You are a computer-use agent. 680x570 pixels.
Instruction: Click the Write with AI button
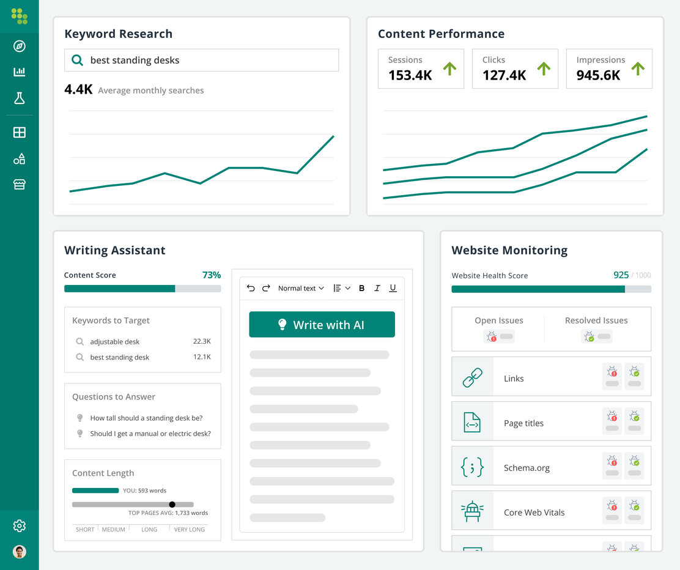(322, 325)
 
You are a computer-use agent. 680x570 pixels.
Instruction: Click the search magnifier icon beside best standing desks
(77, 60)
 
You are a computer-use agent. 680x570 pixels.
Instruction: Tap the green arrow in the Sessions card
(449, 68)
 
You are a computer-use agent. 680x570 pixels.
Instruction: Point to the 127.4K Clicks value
(504, 75)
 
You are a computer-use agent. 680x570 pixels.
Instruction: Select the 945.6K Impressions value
(598, 75)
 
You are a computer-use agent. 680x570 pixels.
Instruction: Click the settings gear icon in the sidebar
(20, 526)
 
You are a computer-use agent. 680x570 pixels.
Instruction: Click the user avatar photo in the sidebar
(20, 552)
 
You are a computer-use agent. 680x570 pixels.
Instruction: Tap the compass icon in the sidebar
(20, 46)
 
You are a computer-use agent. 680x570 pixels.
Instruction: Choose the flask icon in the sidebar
(20, 98)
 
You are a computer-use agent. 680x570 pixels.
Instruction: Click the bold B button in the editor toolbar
(361, 288)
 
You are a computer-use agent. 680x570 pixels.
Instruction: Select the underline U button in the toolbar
(393, 288)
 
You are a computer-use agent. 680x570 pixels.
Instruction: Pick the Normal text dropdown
(301, 288)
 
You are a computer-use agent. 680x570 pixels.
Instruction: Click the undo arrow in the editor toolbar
(251, 288)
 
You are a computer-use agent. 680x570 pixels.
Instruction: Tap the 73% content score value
(212, 275)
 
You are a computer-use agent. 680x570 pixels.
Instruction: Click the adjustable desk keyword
(115, 342)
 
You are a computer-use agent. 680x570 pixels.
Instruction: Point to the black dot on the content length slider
(172, 505)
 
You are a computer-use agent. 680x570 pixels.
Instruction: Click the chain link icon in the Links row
(472, 378)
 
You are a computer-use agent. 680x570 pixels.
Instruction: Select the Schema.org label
(527, 468)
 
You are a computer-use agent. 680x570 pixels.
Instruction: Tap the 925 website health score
(621, 275)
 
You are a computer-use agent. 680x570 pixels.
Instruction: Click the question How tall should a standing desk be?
(146, 418)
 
